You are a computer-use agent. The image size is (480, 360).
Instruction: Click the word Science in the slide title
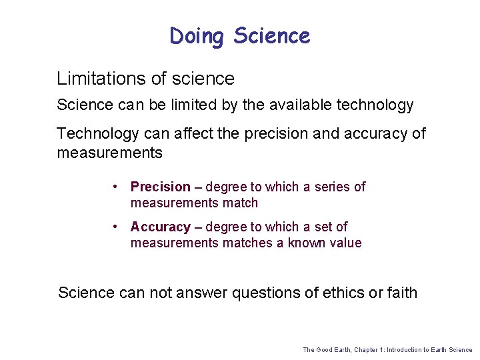(x=271, y=36)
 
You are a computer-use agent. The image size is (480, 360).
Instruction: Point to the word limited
(x=198, y=105)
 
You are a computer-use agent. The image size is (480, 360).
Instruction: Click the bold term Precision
(x=160, y=187)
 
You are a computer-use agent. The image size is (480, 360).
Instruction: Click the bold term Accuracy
(x=160, y=227)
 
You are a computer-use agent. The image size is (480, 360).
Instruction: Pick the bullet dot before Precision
(x=116, y=187)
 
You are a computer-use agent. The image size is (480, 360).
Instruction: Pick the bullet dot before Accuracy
(x=116, y=227)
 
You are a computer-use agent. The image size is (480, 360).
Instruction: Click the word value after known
(x=345, y=243)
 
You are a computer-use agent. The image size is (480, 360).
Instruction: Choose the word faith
(x=402, y=293)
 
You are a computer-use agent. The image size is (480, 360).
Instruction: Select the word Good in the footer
(x=325, y=350)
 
